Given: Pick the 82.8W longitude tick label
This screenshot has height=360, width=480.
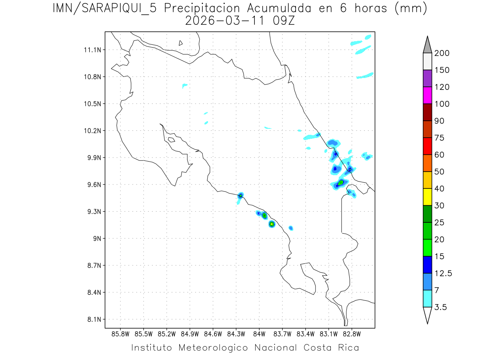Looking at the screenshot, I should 352,334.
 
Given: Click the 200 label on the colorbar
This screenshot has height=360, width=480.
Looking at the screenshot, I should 442,53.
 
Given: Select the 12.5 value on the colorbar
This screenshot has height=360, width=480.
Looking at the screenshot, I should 443,274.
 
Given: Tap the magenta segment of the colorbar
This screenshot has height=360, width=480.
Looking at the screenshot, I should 427,95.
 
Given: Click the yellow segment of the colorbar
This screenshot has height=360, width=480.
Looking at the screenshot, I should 427,197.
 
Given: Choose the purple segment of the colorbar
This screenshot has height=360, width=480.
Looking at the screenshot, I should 427,78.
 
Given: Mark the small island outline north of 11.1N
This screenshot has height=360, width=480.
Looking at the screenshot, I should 181,43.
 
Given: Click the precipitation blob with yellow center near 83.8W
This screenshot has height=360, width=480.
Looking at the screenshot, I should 272,224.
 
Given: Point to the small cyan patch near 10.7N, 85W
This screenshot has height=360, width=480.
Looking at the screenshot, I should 184,85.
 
